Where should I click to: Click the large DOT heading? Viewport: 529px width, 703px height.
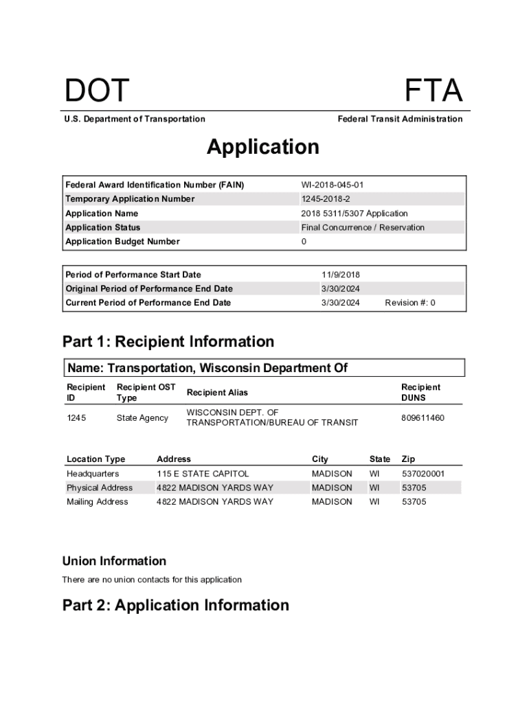(x=97, y=91)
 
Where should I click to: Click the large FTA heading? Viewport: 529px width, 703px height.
(x=434, y=91)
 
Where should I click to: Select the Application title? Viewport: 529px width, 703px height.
(x=263, y=147)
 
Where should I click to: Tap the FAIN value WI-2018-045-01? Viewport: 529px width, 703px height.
(x=333, y=185)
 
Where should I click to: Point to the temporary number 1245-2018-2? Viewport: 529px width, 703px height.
(x=326, y=199)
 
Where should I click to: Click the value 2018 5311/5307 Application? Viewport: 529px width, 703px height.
(x=354, y=214)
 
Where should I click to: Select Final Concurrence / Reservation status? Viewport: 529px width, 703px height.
(x=363, y=227)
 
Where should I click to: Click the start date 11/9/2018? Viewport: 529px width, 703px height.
(x=341, y=275)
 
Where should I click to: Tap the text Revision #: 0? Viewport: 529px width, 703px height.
(x=410, y=303)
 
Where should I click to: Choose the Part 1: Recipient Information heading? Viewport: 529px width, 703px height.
(x=168, y=342)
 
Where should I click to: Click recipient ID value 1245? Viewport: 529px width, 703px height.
(x=76, y=417)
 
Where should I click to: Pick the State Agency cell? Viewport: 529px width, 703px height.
(x=142, y=417)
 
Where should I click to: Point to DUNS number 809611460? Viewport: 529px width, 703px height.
(x=423, y=417)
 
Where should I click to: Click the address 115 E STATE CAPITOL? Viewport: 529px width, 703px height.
(x=203, y=474)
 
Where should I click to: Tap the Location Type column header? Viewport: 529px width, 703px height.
(x=96, y=459)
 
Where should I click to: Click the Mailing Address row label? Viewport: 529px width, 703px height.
(x=98, y=502)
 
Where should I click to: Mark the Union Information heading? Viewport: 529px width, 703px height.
(x=114, y=561)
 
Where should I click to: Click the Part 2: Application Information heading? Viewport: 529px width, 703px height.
(x=176, y=605)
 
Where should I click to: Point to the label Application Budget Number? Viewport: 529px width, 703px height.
(x=122, y=242)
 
